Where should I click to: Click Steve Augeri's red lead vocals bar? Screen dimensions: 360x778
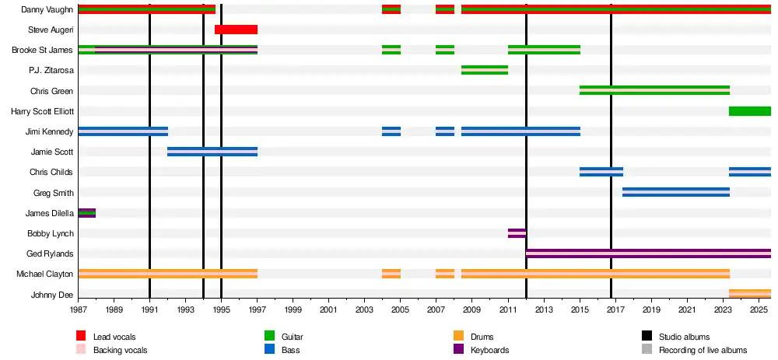click(x=236, y=30)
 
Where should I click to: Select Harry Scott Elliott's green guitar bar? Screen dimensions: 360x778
click(x=749, y=111)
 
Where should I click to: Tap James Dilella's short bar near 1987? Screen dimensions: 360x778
click(x=86, y=213)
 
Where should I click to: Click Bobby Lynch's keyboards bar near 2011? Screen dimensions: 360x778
click(x=517, y=233)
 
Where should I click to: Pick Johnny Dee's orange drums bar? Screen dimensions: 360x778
click(x=749, y=294)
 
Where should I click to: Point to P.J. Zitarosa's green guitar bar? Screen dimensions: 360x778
click(x=484, y=70)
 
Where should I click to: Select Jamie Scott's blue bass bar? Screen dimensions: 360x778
click(x=212, y=152)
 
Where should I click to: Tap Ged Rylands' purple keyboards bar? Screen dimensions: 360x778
click(x=647, y=253)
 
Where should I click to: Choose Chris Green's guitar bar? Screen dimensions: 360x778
click(x=654, y=90)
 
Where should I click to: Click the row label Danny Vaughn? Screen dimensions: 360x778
click(x=47, y=9)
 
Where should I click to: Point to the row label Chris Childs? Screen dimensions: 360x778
click(x=51, y=172)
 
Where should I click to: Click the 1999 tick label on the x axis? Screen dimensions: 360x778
click(x=293, y=309)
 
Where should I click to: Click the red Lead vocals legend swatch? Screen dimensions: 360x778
click(x=81, y=337)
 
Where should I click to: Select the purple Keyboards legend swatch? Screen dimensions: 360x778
click(x=458, y=350)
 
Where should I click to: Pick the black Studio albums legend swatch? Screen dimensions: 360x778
click(x=647, y=337)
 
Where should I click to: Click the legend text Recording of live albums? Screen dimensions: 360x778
click(x=703, y=350)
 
